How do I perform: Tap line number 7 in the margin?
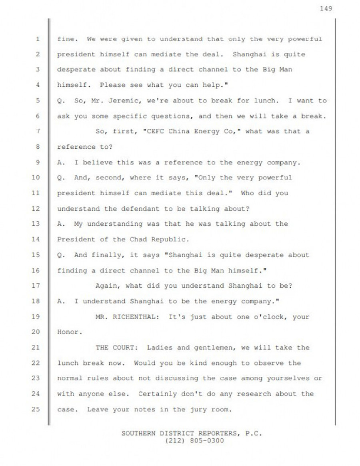coord(37,131)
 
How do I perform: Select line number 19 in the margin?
coord(36,317)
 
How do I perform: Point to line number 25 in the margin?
coord(36,410)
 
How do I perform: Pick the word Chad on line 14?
coord(138,240)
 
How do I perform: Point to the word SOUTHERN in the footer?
coord(138,434)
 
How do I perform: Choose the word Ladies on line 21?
coord(160,348)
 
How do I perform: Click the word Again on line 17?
coord(108,286)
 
